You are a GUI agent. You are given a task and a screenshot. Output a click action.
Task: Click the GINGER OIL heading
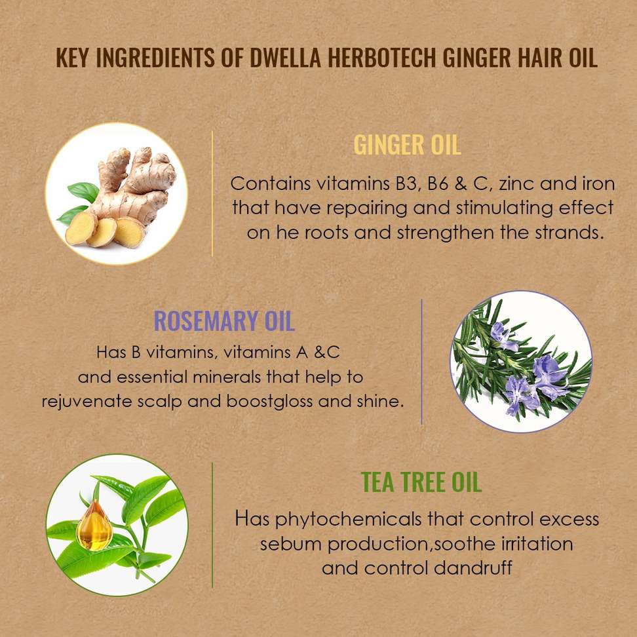[x=408, y=145]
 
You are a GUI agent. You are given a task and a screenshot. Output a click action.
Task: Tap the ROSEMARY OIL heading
[x=224, y=321]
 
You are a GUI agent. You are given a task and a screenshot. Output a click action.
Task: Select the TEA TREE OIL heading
[x=421, y=482]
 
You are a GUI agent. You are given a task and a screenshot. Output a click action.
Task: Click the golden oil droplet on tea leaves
[x=94, y=526]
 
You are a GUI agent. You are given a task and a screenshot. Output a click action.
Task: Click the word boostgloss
[x=269, y=401]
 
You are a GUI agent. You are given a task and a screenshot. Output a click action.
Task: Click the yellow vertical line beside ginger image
[x=212, y=194]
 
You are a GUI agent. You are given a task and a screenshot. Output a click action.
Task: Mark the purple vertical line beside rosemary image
[x=421, y=362]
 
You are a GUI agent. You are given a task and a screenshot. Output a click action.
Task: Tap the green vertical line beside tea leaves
[x=212, y=525]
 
